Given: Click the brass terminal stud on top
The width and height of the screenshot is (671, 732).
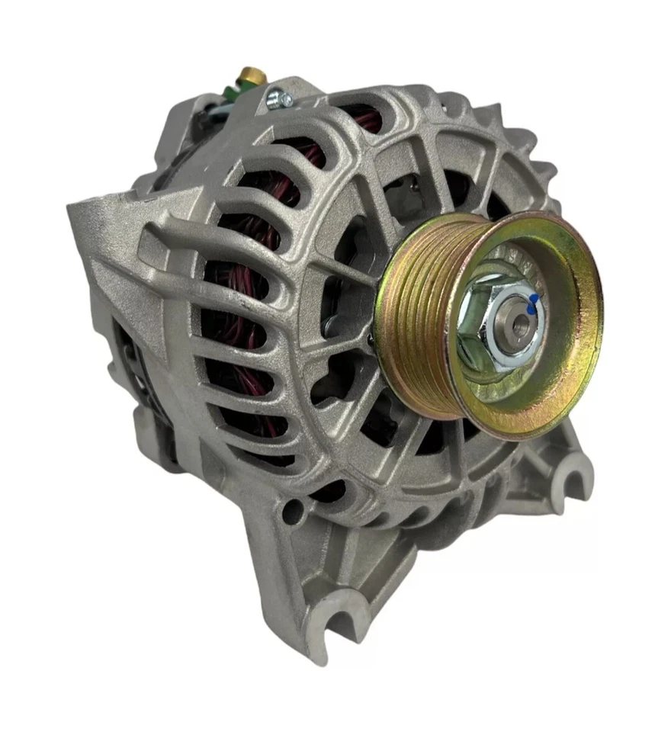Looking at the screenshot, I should [x=249, y=75].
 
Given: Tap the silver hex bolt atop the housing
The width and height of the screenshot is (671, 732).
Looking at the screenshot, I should [x=277, y=98].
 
